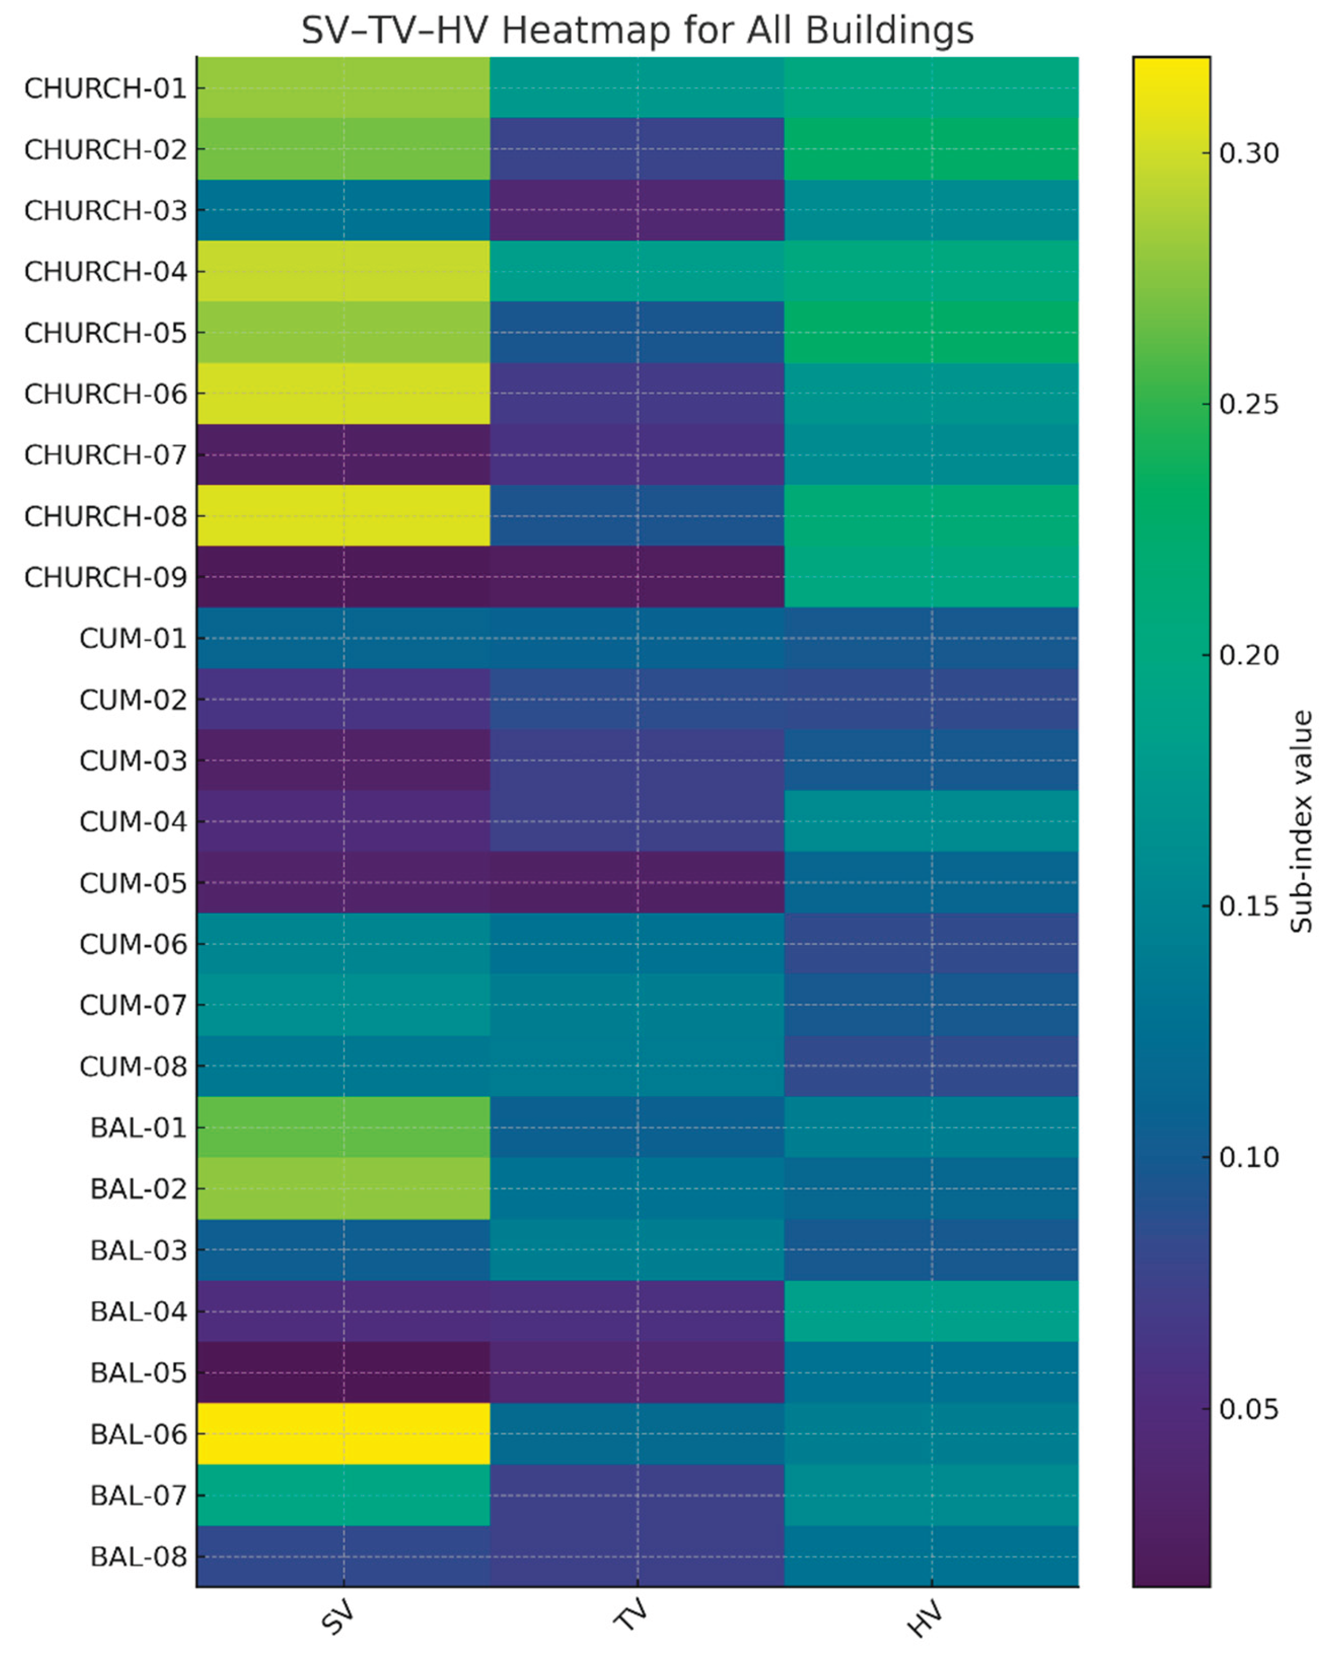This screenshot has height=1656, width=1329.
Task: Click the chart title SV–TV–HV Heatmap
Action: pos(637,31)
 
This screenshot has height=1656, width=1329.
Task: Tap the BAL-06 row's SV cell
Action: pos(343,1433)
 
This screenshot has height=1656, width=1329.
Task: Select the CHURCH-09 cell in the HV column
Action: pos(931,577)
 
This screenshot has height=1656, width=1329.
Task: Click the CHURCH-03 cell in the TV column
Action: pos(636,210)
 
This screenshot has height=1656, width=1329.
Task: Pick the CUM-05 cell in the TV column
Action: pos(636,882)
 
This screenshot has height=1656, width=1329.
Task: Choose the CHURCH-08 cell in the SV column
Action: pos(343,515)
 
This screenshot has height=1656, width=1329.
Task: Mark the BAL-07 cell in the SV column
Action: pos(343,1495)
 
